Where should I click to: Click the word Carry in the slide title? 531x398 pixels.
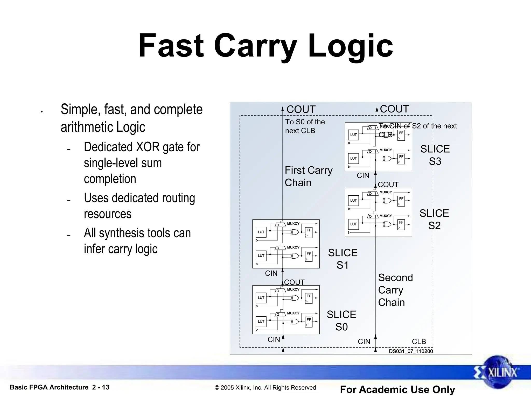tap(255, 46)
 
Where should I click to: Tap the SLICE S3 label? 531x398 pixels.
tap(435, 155)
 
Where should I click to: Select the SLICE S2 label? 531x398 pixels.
tap(434, 219)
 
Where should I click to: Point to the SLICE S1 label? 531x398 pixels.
tap(343, 259)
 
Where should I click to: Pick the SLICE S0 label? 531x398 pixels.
tap(341, 321)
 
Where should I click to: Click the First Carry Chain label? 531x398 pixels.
tap(308, 176)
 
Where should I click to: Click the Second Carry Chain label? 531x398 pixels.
tap(395, 290)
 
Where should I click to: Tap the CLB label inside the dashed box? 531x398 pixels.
tap(419, 342)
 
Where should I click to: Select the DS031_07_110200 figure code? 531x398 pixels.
tap(411, 351)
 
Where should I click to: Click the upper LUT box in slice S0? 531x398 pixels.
tap(261, 298)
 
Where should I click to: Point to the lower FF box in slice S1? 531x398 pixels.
tap(309, 256)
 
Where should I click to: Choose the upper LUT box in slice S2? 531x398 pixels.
tap(353, 201)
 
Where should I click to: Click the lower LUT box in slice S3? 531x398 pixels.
tap(353, 158)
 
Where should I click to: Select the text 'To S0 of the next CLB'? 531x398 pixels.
tap(305, 126)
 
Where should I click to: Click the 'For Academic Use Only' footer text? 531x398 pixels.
tap(397, 389)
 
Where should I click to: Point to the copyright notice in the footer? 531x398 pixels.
tap(265, 388)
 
